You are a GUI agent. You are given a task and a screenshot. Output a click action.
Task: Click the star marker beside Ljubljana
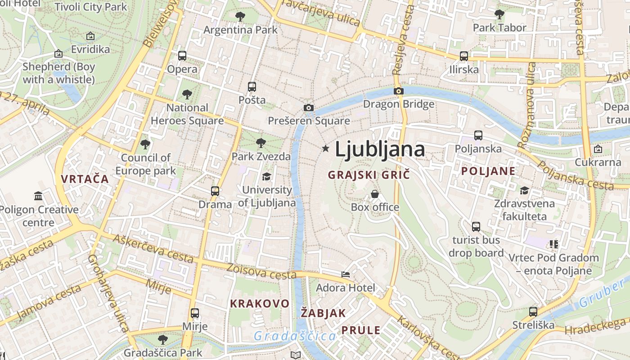[325, 148]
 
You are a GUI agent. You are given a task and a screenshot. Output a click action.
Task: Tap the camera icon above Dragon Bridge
[398, 91]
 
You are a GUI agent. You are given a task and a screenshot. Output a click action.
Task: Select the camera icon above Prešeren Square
[308, 108]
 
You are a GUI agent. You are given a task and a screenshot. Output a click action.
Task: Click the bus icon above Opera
[182, 56]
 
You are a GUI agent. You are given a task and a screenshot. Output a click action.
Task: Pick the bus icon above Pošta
[252, 86]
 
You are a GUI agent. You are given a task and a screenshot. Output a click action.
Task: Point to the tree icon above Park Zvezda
[261, 144]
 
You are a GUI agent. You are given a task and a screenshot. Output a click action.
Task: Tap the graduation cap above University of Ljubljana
[267, 176]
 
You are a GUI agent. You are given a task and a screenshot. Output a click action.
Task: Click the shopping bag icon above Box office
[375, 194]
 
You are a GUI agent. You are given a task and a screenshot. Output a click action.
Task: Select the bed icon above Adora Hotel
[345, 274]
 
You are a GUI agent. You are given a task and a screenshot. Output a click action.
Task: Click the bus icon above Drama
[215, 191]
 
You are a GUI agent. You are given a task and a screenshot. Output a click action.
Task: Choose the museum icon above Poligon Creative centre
[38, 196]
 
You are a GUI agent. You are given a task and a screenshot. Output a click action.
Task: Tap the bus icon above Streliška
[533, 311]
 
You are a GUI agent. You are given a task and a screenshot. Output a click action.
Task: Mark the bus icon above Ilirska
[464, 56]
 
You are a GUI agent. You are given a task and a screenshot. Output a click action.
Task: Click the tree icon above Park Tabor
[499, 14]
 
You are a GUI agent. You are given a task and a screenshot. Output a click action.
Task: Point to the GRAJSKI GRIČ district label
[369, 175]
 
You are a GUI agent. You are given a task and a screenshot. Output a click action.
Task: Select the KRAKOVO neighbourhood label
[260, 303]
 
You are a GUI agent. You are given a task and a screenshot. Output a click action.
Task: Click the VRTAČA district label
[85, 179]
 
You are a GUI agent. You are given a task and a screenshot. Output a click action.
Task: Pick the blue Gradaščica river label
[295, 336]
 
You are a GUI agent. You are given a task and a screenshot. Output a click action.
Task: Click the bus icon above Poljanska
[478, 135]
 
